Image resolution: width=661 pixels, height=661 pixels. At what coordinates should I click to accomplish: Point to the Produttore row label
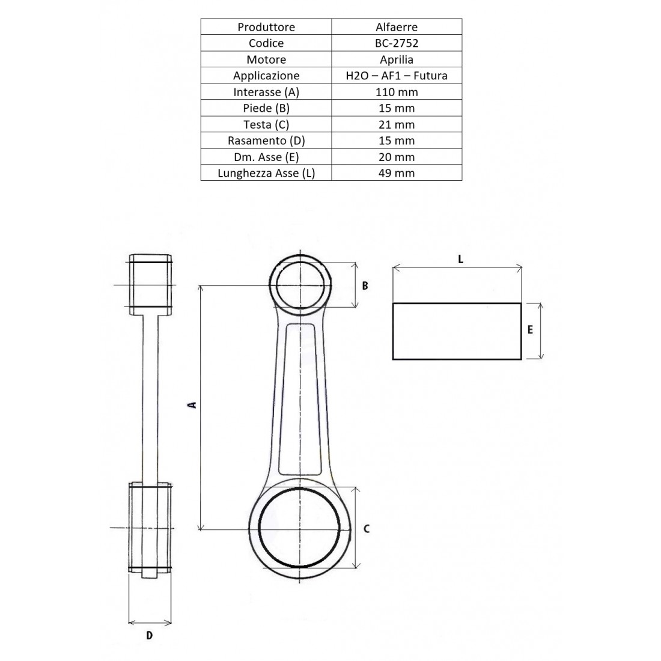(x=266, y=27)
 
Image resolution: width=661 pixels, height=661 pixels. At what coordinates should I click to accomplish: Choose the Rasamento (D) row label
(x=266, y=141)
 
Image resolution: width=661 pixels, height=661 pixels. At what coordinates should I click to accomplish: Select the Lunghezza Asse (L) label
(x=266, y=173)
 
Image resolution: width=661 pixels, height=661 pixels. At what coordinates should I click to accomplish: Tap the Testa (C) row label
(x=266, y=124)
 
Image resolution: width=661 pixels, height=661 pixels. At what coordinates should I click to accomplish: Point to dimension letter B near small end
(x=365, y=285)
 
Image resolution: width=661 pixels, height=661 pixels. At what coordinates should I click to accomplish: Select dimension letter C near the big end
(x=367, y=529)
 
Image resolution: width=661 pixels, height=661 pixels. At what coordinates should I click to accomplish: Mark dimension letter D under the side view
(x=150, y=635)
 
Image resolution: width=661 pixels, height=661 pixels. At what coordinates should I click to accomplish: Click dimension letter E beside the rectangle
(x=530, y=330)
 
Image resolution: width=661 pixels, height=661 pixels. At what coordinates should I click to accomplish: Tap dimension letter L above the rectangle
(x=460, y=260)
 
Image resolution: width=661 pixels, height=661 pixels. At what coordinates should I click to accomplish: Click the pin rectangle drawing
(x=457, y=331)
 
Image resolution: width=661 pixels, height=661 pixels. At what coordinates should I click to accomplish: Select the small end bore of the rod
(x=300, y=285)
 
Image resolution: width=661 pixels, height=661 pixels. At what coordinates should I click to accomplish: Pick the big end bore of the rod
(x=300, y=529)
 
